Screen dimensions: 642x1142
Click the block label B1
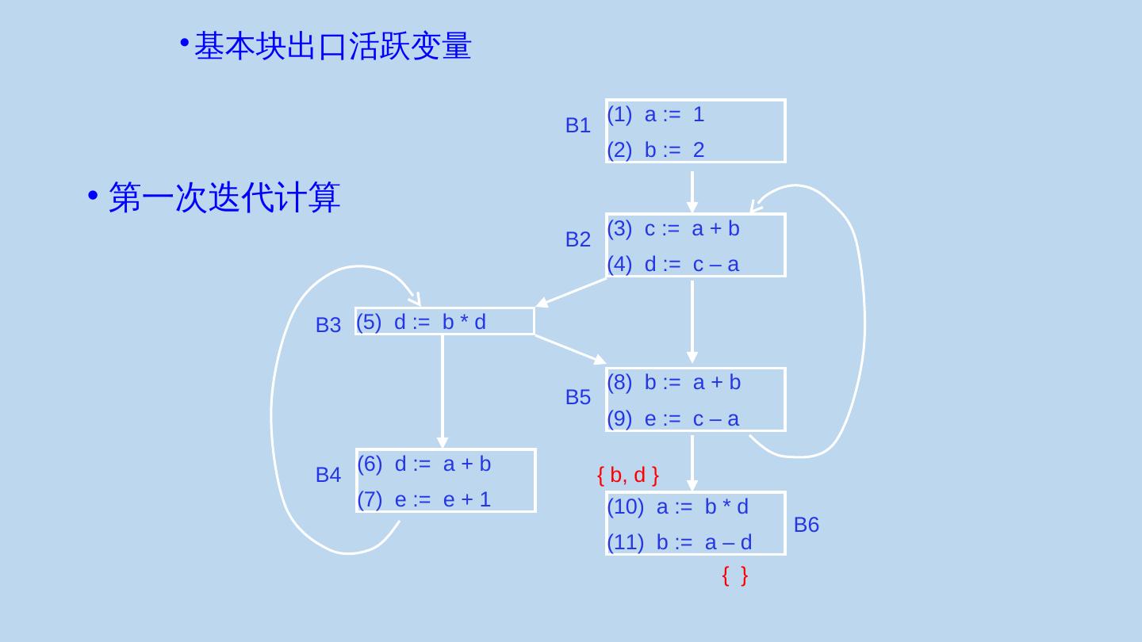point(577,125)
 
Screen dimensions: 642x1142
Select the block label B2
point(577,239)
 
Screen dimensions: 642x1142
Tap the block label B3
point(328,325)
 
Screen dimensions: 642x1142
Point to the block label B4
point(328,475)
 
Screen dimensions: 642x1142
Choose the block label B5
point(577,398)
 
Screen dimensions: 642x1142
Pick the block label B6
point(806,525)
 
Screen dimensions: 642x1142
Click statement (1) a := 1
point(656,115)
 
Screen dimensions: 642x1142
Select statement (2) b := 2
point(656,150)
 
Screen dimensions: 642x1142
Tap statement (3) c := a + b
point(673,229)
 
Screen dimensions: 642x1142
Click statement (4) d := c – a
point(673,264)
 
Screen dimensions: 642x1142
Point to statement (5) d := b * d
point(421,322)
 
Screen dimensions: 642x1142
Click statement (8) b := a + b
point(673,383)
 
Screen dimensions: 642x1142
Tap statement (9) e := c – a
point(673,418)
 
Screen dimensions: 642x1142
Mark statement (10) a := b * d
point(678,506)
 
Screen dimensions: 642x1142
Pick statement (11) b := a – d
point(680,542)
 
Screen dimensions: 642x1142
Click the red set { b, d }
point(627,476)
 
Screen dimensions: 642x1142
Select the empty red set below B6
point(734,576)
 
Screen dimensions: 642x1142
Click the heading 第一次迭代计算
point(224,197)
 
